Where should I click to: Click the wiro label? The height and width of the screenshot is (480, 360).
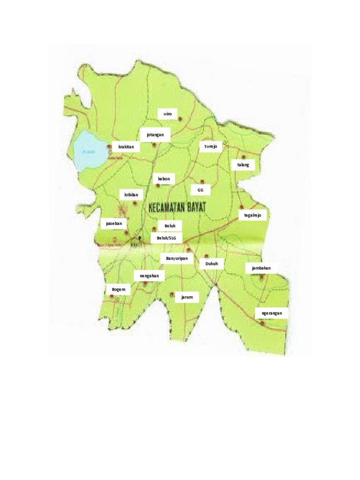pyautogui.click(x=167, y=114)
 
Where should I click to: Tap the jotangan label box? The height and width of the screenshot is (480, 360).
pyautogui.click(x=155, y=135)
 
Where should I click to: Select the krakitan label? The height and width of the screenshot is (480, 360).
pyautogui.click(x=126, y=147)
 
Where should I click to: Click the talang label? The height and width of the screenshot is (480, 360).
pyautogui.click(x=243, y=165)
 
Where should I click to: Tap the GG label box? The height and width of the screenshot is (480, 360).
pyautogui.click(x=201, y=190)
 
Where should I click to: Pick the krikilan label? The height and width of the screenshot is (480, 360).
pyautogui.click(x=131, y=195)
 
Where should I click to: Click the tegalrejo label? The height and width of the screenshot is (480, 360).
pyautogui.click(x=253, y=215)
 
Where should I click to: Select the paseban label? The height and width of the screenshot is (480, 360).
pyautogui.click(x=114, y=224)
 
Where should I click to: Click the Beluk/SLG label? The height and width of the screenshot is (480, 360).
pyautogui.click(x=166, y=238)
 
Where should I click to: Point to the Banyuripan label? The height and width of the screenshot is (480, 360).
pyautogui.click(x=177, y=258)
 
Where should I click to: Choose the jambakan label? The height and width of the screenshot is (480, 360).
pyautogui.click(x=261, y=268)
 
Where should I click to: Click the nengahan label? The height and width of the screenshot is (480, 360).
pyautogui.click(x=149, y=276)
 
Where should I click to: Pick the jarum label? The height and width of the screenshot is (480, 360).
pyautogui.click(x=187, y=297)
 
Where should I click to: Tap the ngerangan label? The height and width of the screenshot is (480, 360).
pyautogui.click(x=272, y=313)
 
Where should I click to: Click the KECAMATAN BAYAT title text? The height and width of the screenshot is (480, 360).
pyautogui.click(x=178, y=208)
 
